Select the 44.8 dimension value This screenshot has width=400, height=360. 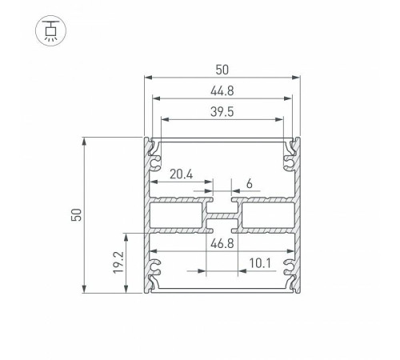222,90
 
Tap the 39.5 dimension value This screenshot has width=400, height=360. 222,112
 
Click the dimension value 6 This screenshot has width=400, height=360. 250,184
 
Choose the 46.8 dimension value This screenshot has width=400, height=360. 223,243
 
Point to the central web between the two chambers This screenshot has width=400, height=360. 222,216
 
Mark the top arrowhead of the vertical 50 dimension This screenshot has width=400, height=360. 85,140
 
